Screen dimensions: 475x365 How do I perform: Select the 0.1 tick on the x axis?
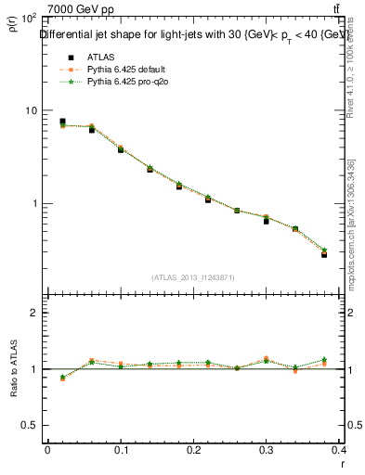(121, 451)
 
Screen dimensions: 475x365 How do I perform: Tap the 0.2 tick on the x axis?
(195, 451)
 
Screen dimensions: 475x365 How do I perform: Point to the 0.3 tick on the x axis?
(269, 451)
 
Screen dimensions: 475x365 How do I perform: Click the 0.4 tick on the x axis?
(340, 451)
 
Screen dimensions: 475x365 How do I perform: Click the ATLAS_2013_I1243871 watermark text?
(193, 277)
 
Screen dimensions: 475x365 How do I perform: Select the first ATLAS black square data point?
(62, 122)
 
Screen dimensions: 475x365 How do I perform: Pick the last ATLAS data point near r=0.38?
(324, 253)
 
